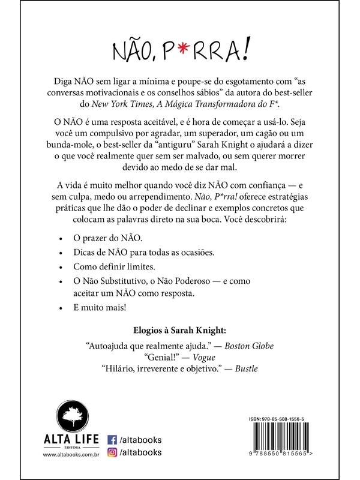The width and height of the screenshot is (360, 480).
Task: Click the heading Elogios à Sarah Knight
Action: pos(179,329)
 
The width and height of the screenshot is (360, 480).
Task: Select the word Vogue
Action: pos(207,358)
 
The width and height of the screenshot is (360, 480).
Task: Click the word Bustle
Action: pos(246,370)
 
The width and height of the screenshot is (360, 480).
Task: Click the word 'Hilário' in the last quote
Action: pos(122,370)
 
